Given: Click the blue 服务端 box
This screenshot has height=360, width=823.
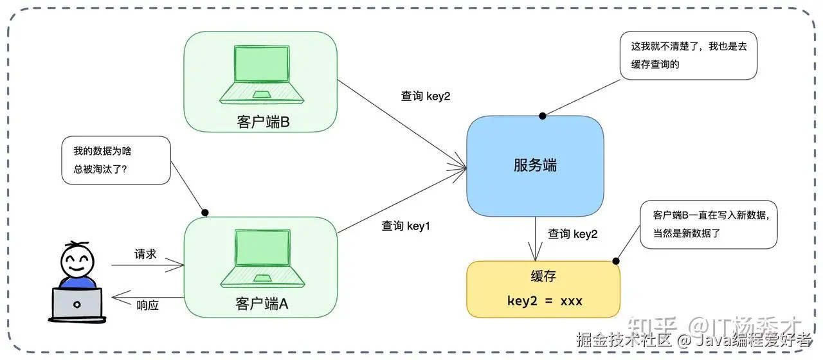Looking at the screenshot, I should point(535,165).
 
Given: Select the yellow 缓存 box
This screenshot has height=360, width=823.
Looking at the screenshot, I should point(543,289).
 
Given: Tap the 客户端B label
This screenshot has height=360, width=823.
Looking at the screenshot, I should point(262,122).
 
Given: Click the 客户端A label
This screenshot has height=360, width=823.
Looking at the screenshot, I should point(262,304).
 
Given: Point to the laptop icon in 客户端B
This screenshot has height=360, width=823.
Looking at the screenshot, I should point(262,75).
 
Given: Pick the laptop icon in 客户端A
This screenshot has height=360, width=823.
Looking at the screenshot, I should point(262,258).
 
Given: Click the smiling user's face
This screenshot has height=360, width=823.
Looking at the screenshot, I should point(77,260).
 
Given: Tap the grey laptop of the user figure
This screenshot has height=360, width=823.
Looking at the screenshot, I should point(77,304).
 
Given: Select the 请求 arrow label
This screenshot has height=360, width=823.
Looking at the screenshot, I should point(145,254).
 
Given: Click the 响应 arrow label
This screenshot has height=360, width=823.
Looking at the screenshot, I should point(147,305).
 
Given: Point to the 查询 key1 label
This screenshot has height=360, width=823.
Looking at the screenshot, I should point(406,226).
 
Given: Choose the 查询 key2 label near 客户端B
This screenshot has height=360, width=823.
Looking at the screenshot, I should point(426,96).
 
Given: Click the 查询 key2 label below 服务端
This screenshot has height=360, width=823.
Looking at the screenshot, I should point(572,235).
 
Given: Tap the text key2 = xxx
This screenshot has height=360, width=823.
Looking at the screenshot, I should point(544,300).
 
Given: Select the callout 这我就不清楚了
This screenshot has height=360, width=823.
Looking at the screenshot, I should point(688,56).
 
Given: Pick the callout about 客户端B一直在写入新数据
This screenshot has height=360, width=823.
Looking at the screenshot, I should point(709,224).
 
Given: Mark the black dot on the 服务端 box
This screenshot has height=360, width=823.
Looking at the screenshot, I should point(543,116).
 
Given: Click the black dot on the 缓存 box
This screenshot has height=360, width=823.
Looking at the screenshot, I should point(616,261).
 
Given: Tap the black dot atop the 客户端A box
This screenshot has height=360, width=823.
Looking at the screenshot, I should point(206,212).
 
